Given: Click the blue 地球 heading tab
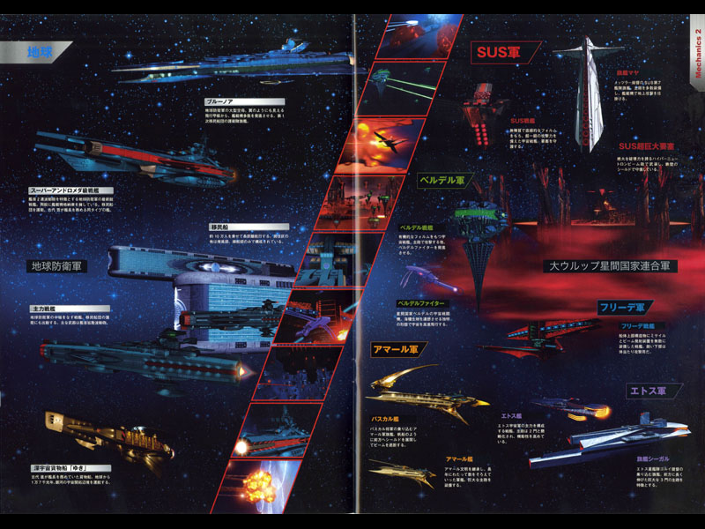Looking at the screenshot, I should click(x=41, y=52).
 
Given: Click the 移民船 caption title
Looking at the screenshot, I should click(x=220, y=227).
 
